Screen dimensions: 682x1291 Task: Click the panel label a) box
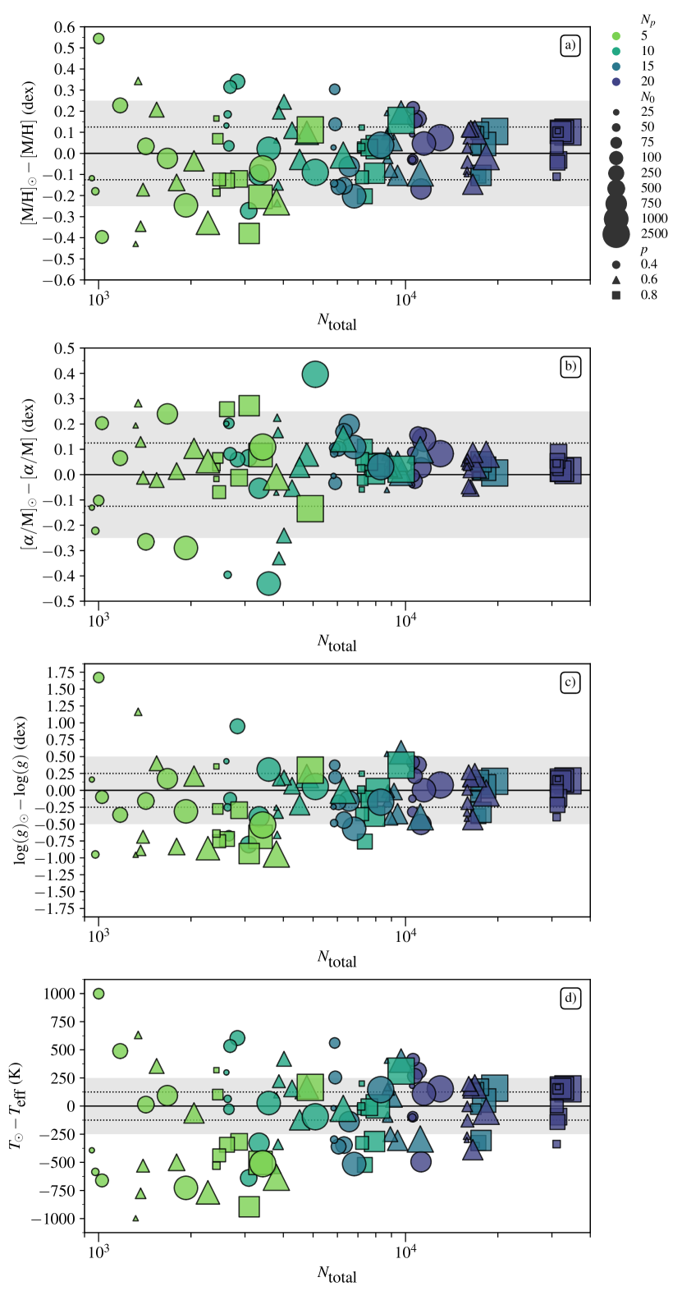coord(570,45)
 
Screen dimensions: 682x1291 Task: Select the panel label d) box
coord(570,998)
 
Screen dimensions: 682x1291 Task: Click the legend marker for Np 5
coord(616,35)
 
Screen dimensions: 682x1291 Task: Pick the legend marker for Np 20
coord(616,81)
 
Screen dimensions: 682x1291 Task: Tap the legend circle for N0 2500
coord(616,233)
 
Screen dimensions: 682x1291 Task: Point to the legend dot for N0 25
coord(616,111)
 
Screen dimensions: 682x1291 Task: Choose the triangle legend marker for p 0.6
coord(616,279)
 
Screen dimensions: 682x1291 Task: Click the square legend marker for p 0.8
coord(616,295)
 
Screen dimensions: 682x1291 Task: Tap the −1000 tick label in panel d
coord(54,1219)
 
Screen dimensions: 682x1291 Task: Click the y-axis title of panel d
coord(16,1105)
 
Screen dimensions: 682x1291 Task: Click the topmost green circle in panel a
coord(98,39)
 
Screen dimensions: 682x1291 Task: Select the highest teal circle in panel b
coord(315,374)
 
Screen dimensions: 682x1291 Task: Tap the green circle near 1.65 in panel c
coord(98,678)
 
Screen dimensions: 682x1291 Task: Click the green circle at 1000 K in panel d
coord(98,994)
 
